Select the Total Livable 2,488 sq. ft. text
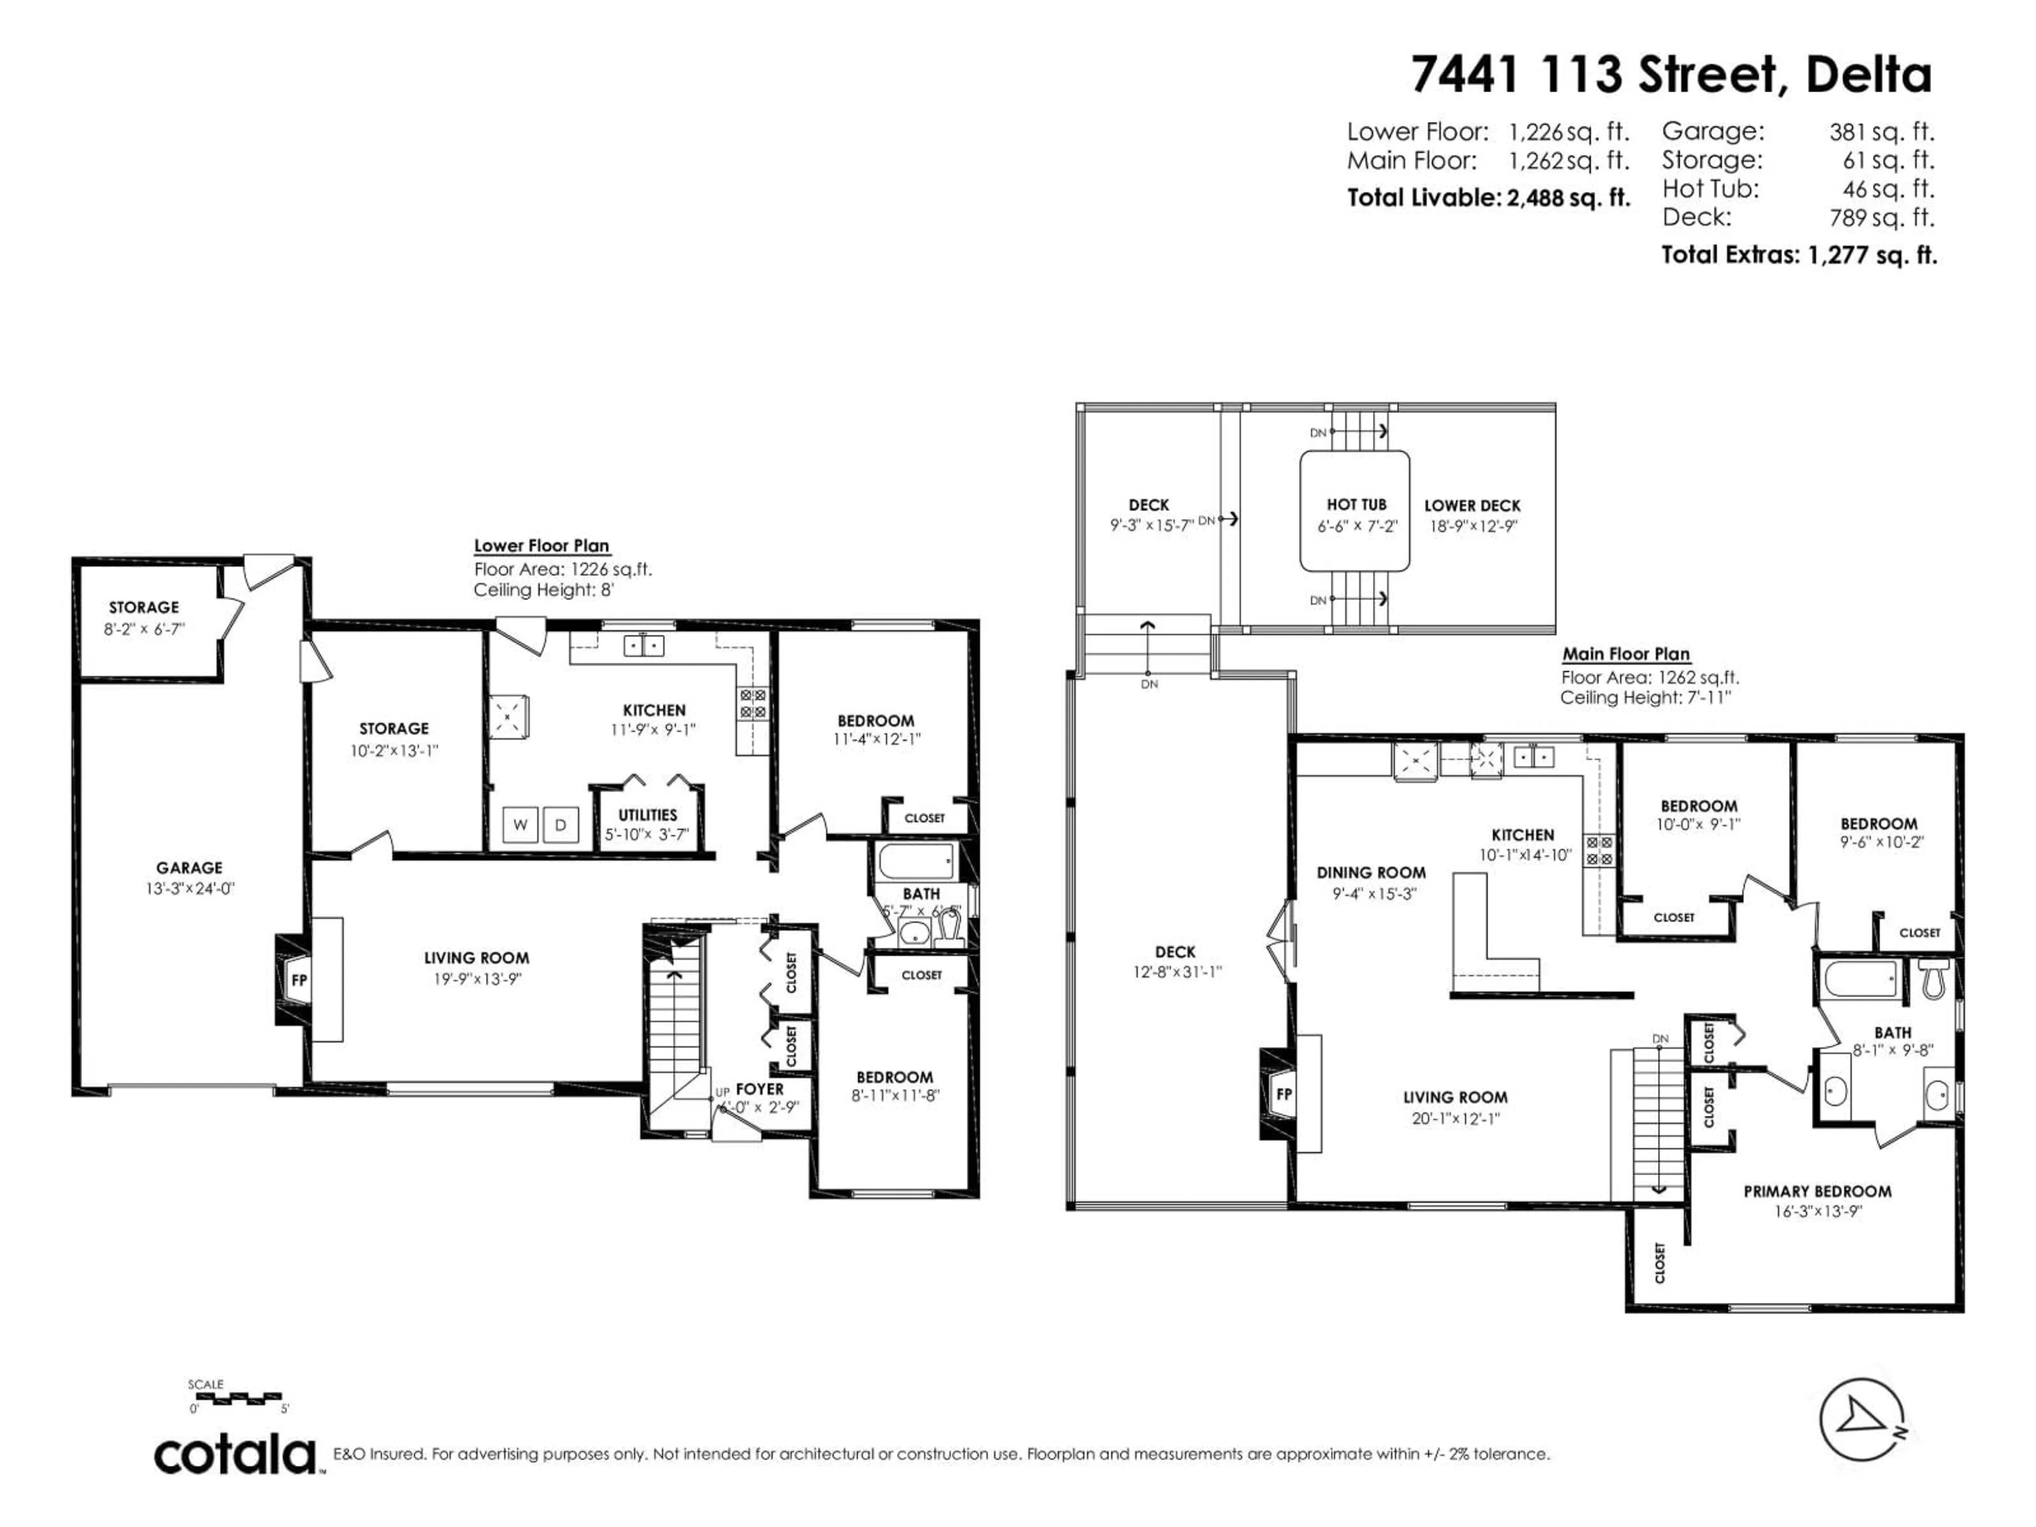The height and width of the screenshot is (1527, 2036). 1488,198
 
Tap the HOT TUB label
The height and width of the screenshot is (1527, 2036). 1356,504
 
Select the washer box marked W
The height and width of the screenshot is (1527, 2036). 520,824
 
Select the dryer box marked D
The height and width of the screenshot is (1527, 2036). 560,824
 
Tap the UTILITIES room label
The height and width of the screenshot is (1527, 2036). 647,814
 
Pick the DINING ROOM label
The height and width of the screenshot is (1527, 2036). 1371,873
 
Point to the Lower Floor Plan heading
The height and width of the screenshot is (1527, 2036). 541,546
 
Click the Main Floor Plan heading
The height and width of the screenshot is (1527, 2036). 1626,654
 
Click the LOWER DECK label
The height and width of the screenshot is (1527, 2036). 1472,505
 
